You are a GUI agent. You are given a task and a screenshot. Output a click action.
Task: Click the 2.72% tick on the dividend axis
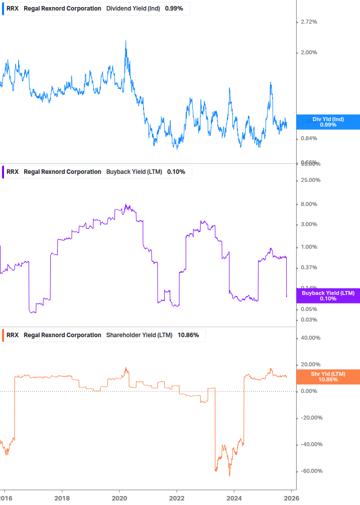click(308, 22)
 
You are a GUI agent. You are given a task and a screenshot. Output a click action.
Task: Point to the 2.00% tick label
click(308, 53)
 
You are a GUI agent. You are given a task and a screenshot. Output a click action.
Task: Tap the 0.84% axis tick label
click(308, 139)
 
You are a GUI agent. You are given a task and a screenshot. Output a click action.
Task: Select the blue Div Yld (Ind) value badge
click(328, 122)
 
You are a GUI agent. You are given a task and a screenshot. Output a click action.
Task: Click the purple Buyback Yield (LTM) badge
click(328, 295)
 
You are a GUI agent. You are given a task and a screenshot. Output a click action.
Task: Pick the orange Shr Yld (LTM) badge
click(328, 377)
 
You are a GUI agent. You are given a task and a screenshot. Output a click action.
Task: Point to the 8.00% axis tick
click(308, 205)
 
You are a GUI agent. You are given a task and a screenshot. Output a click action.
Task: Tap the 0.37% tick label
click(308, 268)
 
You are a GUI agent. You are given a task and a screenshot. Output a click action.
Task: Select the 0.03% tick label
click(308, 320)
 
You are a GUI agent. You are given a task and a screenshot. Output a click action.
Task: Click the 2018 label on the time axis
click(62, 498)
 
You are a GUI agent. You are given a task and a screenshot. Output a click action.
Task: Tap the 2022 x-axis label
click(177, 498)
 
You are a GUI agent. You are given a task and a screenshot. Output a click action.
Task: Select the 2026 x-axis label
click(291, 498)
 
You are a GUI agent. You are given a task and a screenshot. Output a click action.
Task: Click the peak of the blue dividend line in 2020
click(126, 41)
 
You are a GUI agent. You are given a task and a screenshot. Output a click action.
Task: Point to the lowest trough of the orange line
click(229, 475)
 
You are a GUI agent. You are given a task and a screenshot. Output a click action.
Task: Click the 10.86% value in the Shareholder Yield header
click(188, 335)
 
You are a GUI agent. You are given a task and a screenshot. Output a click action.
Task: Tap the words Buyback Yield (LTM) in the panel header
click(134, 172)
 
